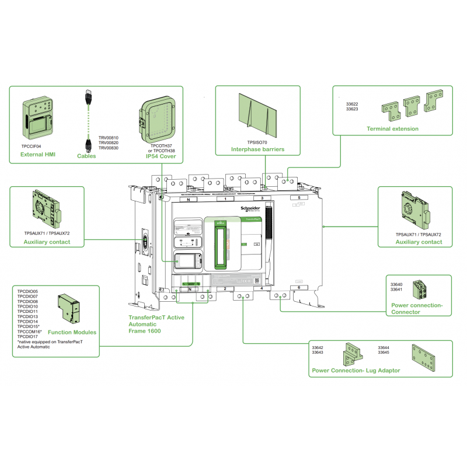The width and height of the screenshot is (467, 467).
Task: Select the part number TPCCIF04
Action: point(32,146)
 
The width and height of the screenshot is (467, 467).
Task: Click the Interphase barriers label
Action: point(257,149)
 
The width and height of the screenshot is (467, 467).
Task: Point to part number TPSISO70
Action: point(257,142)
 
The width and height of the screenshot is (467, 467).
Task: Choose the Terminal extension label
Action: point(392,128)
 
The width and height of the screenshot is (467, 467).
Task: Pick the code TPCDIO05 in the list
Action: point(27,291)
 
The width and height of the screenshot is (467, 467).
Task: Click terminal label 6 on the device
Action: point(299,288)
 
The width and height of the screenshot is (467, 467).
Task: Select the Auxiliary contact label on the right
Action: point(419,242)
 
